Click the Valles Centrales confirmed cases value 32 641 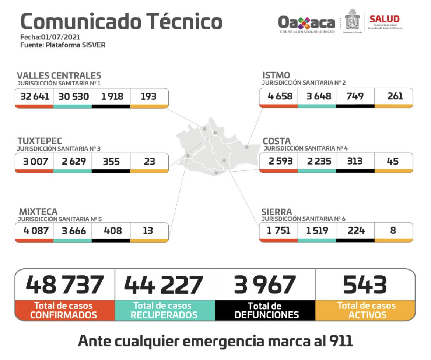tap(34, 96)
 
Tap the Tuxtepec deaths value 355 tap(111, 161)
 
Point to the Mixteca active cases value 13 tap(149, 231)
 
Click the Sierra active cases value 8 tap(393, 230)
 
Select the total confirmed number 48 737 tap(65, 285)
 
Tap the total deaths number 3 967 tap(265, 285)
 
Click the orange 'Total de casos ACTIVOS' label tap(366, 310)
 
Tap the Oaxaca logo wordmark tap(306, 23)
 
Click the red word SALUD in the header tap(384, 19)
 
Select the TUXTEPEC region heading tap(40, 141)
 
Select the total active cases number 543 tap(365, 285)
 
